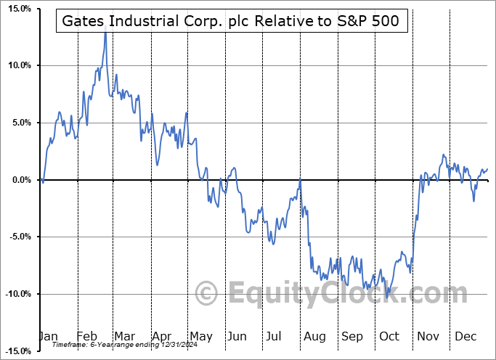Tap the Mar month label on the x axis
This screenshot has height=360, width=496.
pos(123,336)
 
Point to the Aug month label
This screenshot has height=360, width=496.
pos(315,336)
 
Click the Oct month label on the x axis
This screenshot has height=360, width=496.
pos(390,336)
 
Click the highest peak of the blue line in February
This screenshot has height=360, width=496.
pos(106,31)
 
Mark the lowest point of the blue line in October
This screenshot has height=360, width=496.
pos(387,294)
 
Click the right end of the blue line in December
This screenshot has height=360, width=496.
pos(487,169)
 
